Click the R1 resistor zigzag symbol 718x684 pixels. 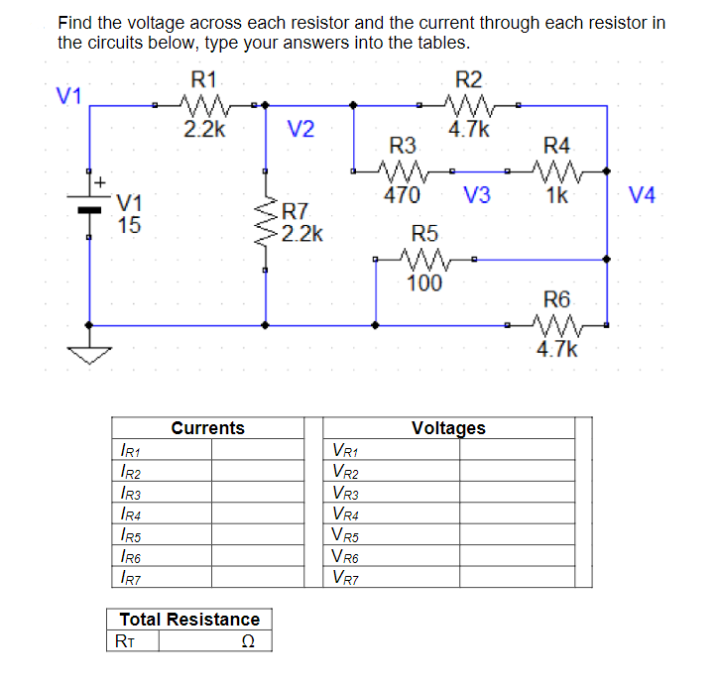tap(206, 103)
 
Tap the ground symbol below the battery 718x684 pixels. tap(89, 352)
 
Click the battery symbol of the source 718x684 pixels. tap(89, 202)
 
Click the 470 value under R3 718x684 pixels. tap(401, 195)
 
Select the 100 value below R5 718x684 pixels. tap(423, 284)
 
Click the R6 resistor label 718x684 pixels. tap(557, 298)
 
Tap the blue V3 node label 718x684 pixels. tap(476, 195)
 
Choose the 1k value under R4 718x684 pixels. tap(556, 195)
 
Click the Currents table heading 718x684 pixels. tap(207, 428)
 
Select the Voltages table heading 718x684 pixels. tap(448, 428)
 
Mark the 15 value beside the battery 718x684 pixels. tap(129, 225)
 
